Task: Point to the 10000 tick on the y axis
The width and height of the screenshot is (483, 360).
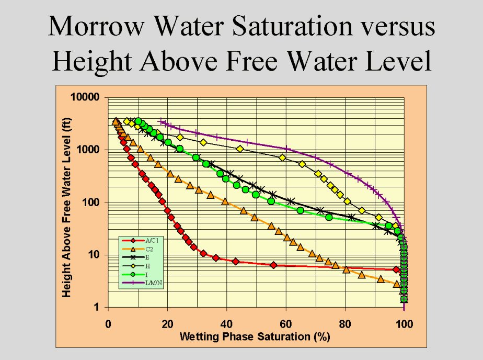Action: pyautogui.click(x=86, y=98)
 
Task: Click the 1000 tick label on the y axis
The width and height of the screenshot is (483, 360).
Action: pyautogui.click(x=89, y=150)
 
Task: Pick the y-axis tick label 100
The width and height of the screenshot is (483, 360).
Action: pyautogui.click(x=91, y=203)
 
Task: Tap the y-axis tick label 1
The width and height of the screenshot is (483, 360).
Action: pyautogui.click(x=97, y=307)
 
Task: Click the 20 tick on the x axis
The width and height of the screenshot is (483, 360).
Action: pyautogui.click(x=167, y=323)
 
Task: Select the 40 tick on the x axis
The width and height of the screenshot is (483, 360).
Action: pyautogui.click(x=226, y=323)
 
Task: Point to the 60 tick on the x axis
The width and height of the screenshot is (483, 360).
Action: pyautogui.click(x=285, y=323)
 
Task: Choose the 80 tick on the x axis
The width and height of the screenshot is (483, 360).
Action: pyautogui.click(x=345, y=323)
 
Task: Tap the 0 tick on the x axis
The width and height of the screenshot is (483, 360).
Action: pyautogui.click(x=108, y=323)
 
